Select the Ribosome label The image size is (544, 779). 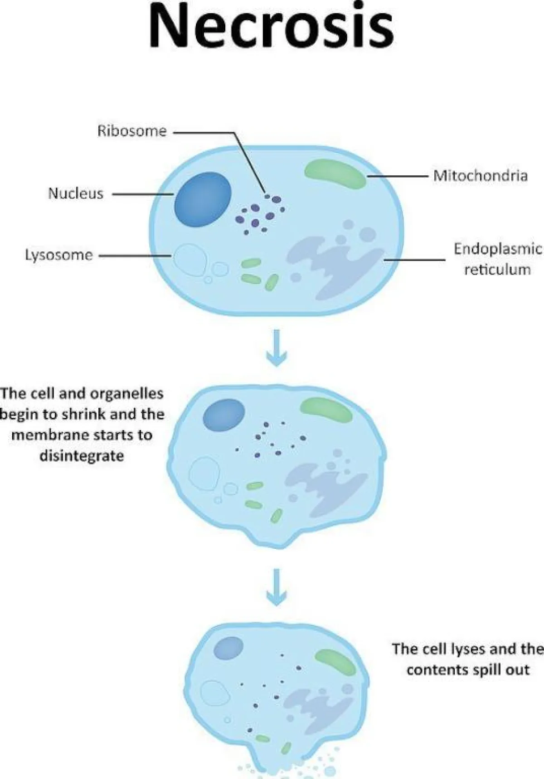pyautogui.click(x=132, y=131)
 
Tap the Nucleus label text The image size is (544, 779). pyautogui.click(x=76, y=194)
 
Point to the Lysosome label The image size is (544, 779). pyautogui.click(x=59, y=255)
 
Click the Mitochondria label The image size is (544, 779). pyautogui.click(x=480, y=175)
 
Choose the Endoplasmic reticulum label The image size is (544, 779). pyautogui.click(x=497, y=259)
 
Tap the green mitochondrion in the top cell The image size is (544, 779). pyautogui.click(x=335, y=174)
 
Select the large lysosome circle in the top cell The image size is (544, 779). pyautogui.click(x=190, y=260)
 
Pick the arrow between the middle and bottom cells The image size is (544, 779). pyautogui.click(x=276, y=587)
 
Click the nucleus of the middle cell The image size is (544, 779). pyautogui.click(x=223, y=414)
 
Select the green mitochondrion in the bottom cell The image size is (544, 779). pyautogui.click(x=335, y=662)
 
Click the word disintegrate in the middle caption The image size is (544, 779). pyautogui.click(x=82, y=455)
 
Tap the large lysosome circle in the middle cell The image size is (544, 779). pyautogui.click(x=204, y=473)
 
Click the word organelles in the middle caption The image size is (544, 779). pyautogui.click(x=126, y=393)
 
